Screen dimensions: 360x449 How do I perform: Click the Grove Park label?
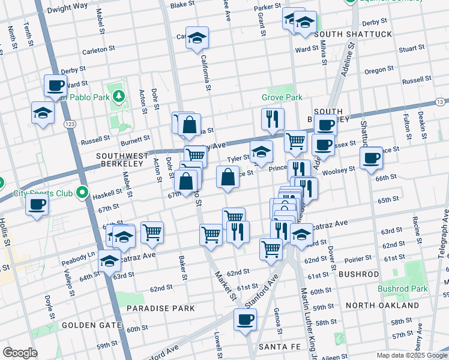click(x=282, y=97)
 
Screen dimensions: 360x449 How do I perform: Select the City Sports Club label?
click(x=43, y=194)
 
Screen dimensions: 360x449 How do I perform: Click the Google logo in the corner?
click(x=20, y=353)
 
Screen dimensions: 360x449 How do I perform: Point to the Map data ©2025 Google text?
click(x=411, y=355)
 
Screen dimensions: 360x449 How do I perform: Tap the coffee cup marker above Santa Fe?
click(x=244, y=319)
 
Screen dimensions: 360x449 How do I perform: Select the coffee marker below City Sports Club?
click(x=37, y=204)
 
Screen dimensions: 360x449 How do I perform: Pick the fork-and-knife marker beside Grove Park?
click(x=273, y=119)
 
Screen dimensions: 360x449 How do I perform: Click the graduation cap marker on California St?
click(x=197, y=38)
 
